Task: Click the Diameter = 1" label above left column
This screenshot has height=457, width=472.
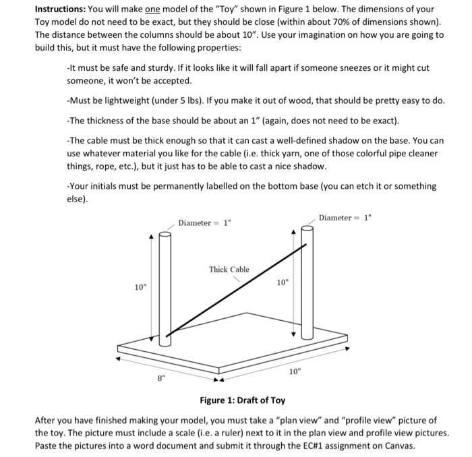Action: (x=204, y=222)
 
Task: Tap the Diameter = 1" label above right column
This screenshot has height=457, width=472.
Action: (x=345, y=218)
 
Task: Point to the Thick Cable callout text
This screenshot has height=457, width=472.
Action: (x=229, y=269)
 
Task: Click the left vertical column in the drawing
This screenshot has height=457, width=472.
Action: (x=164, y=283)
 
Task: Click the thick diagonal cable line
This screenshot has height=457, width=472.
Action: (x=236, y=290)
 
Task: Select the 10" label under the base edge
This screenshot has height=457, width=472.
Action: (x=295, y=371)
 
